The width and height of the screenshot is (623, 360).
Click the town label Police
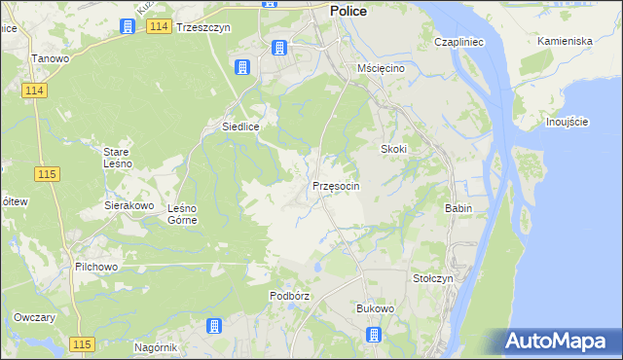(x=348, y=10)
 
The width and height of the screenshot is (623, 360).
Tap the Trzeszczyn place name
(x=202, y=28)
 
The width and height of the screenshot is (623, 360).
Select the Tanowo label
(x=50, y=58)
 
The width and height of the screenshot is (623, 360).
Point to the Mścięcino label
(x=381, y=70)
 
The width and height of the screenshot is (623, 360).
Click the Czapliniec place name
(x=459, y=43)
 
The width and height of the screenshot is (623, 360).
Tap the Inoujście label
(x=567, y=122)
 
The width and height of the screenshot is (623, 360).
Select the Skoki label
(x=392, y=149)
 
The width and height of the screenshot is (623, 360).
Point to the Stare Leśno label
(x=124, y=158)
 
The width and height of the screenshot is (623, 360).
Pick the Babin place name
(x=458, y=208)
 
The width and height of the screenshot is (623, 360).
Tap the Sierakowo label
(x=129, y=206)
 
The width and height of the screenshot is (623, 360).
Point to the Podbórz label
(x=289, y=296)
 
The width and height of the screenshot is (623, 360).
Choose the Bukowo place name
(x=375, y=308)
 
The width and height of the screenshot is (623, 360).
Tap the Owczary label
(x=34, y=318)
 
